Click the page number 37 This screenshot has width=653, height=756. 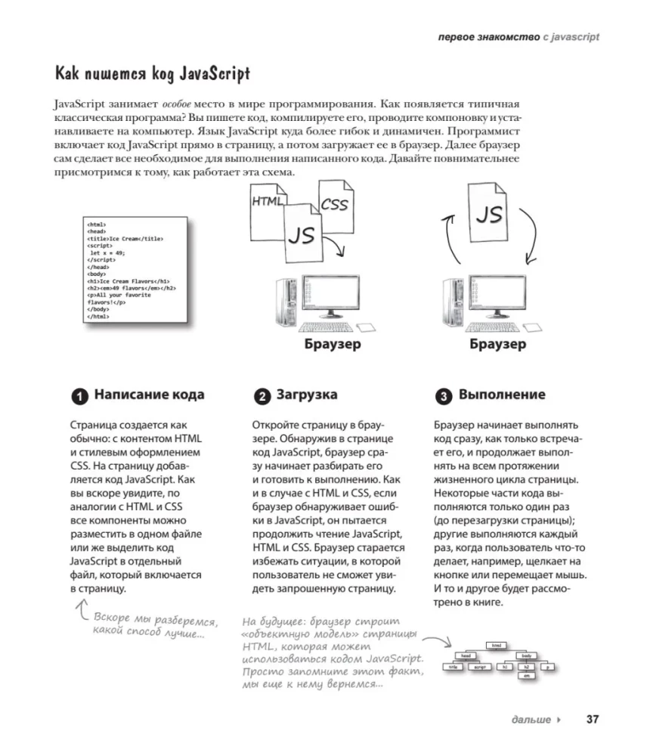click(592, 719)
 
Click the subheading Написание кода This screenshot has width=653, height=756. click(149, 395)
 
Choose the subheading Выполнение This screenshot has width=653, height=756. click(502, 395)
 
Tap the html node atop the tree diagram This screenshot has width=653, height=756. click(497, 645)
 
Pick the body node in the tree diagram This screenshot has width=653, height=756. click(525, 655)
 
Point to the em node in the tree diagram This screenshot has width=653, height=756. click(526, 676)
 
